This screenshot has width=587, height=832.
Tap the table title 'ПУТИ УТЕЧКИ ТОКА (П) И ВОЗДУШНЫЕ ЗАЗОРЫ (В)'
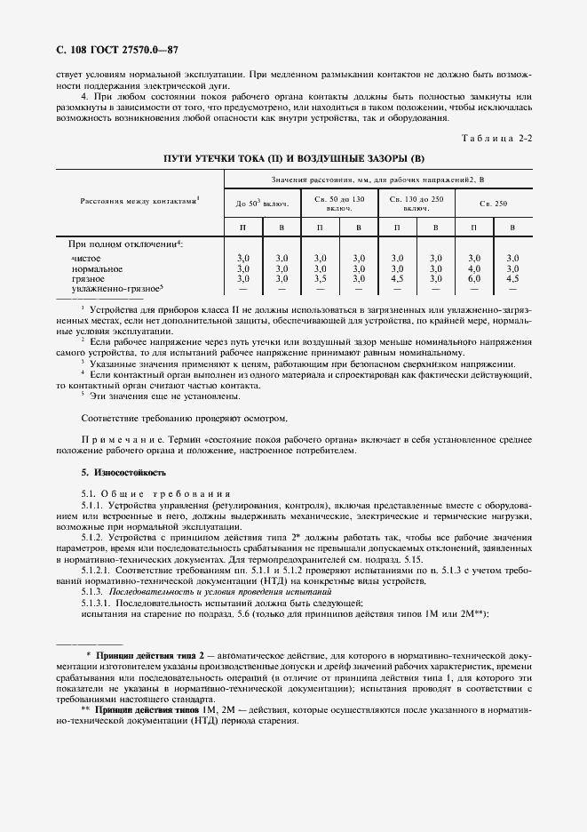click(295, 158)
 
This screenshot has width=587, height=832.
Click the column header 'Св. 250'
click(493, 204)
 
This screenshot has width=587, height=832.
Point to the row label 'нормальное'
click(97, 268)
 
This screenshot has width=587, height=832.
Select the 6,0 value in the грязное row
click(474, 278)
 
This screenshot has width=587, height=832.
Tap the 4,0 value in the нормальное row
click(474, 268)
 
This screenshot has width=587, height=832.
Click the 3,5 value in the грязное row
click(321, 278)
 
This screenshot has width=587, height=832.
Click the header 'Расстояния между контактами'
click(139, 201)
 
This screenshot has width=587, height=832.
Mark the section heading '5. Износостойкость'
click(123, 472)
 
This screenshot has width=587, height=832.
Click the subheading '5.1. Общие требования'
click(155, 492)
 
